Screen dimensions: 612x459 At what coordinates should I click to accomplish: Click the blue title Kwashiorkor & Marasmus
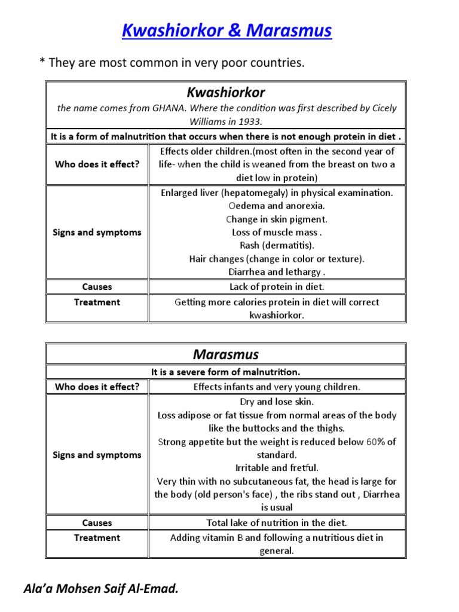(x=227, y=30)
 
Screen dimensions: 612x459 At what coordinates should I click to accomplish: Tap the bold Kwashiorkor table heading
(x=226, y=92)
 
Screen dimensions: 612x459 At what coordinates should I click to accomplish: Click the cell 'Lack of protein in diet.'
(x=277, y=287)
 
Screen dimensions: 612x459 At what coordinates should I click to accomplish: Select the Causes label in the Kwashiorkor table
(x=97, y=287)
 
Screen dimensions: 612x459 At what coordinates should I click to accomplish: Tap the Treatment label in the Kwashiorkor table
(x=97, y=302)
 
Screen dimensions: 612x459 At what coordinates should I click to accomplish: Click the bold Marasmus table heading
(x=226, y=354)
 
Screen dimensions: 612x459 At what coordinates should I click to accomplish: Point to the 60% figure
(x=375, y=442)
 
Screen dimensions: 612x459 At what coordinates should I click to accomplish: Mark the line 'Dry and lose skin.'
(x=277, y=402)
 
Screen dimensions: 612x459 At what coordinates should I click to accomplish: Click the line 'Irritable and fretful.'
(x=277, y=468)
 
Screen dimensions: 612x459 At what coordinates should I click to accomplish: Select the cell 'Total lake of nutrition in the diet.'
(x=277, y=522)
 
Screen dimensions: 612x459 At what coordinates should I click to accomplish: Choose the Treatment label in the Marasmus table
(x=97, y=538)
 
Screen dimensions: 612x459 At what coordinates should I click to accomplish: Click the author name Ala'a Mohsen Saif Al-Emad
(x=101, y=589)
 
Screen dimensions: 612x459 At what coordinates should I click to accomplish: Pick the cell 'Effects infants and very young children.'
(x=277, y=387)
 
